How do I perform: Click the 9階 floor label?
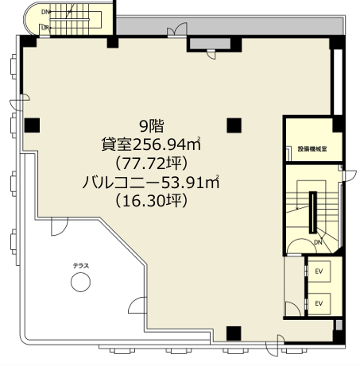click(152, 126)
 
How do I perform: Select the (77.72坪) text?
click(151, 164)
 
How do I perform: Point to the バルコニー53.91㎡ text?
click(151, 182)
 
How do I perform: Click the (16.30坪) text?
click(151, 200)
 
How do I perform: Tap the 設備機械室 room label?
click(312, 149)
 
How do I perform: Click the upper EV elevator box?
click(319, 272)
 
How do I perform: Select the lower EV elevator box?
click(319, 303)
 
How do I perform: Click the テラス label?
click(81, 266)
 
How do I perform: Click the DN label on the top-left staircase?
click(45, 12)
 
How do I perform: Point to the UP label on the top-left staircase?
click(45, 28)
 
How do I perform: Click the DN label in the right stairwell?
click(318, 242)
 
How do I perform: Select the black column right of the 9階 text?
click(234, 125)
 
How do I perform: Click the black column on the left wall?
click(33, 125)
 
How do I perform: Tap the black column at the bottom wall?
click(234, 333)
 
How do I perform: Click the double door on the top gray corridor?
click(177, 29)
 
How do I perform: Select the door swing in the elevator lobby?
click(292, 309)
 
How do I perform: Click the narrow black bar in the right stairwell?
click(313, 212)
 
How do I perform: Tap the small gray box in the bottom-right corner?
click(339, 325)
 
